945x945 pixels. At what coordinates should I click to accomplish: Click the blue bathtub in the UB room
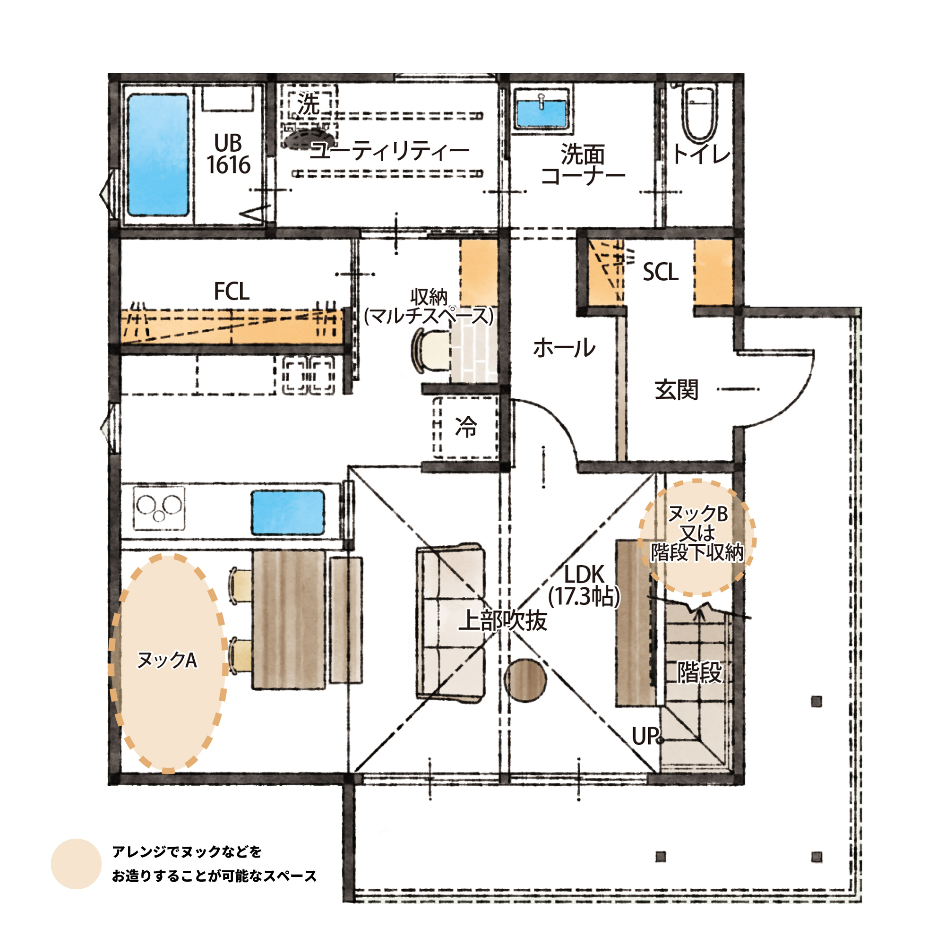[158, 155]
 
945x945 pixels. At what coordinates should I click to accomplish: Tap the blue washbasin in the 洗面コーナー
[542, 113]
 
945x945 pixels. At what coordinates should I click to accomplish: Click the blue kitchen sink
[288, 513]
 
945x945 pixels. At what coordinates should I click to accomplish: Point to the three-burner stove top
[159, 508]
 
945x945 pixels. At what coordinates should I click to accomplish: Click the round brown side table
[525, 680]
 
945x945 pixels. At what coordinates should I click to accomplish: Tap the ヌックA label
[167, 661]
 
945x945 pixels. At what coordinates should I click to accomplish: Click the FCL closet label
[232, 292]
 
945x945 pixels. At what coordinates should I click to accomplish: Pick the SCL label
[661, 272]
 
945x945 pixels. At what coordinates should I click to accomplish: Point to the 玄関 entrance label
[677, 390]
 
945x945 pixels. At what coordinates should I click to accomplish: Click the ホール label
[564, 348]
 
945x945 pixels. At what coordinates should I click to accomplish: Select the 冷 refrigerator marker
[466, 427]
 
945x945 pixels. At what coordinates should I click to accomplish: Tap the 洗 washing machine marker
[308, 103]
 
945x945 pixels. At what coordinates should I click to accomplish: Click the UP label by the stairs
[646, 736]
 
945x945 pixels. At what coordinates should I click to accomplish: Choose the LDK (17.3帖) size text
[584, 585]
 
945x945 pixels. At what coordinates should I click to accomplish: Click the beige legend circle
[76, 864]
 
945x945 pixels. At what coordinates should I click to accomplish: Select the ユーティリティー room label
[390, 150]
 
